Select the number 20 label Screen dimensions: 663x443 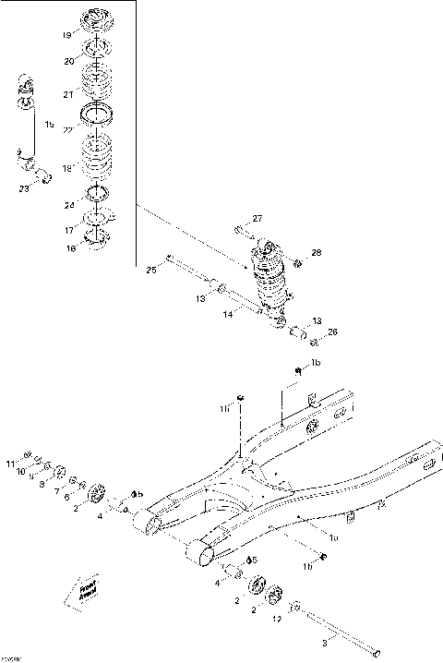[67, 61]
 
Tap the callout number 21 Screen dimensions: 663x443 [67, 94]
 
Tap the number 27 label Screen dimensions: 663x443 [257, 218]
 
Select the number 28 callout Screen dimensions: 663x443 [316, 252]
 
